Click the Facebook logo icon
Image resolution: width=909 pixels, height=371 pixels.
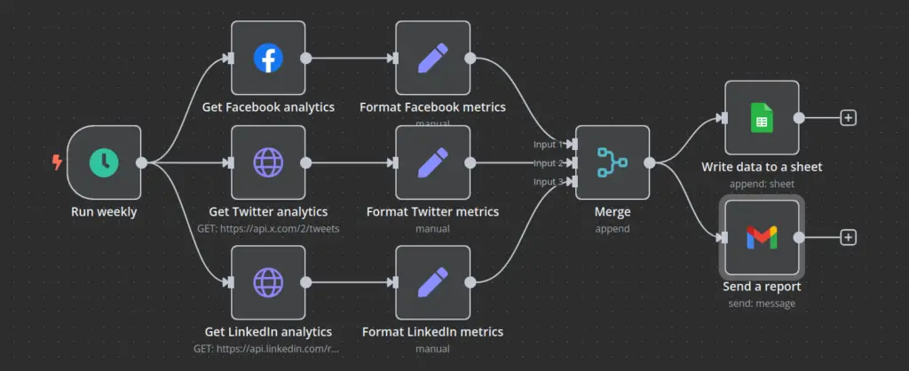(x=267, y=59)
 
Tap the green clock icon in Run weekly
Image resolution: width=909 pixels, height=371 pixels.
(x=104, y=162)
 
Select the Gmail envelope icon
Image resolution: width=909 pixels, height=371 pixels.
(x=762, y=237)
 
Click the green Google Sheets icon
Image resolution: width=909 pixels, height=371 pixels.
(x=762, y=117)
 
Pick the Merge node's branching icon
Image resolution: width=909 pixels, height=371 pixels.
(x=612, y=162)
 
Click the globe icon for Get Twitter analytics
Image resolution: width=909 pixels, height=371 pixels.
(x=267, y=162)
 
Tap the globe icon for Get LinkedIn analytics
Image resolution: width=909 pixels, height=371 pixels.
(x=267, y=282)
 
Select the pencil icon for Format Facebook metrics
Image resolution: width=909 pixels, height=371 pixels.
(x=432, y=59)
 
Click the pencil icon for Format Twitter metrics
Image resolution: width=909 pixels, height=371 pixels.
(x=432, y=162)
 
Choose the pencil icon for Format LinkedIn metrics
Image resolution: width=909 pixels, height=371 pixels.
(x=432, y=282)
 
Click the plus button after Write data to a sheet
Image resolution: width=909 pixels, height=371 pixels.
(x=849, y=117)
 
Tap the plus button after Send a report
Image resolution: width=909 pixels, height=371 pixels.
(x=849, y=237)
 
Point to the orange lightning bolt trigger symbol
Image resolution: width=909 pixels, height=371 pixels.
(x=58, y=162)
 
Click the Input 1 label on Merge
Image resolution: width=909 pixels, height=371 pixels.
(x=547, y=144)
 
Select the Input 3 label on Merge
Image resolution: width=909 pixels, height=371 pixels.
(x=547, y=182)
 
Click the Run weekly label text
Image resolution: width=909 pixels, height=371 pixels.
(x=104, y=212)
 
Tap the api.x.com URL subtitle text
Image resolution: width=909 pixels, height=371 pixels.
(x=267, y=228)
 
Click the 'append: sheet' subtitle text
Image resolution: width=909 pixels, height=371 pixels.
(x=762, y=184)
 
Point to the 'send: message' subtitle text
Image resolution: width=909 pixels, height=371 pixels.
(x=762, y=304)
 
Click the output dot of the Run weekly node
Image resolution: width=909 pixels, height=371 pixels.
(x=141, y=162)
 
